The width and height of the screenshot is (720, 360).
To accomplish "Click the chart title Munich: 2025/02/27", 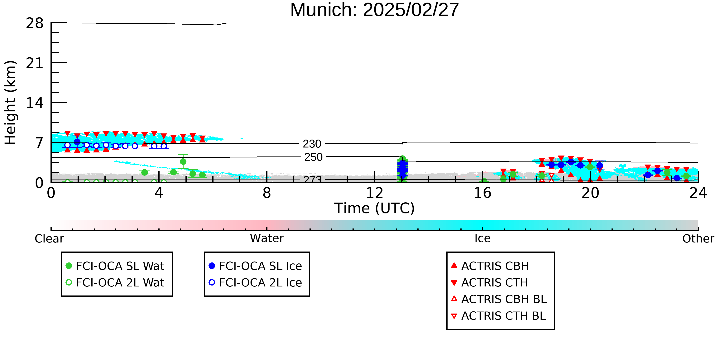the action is coord(375,10).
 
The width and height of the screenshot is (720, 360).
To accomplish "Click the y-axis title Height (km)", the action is coord(10,103).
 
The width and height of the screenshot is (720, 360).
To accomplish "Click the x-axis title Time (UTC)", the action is coord(375,208).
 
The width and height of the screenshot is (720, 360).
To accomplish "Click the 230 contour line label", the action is coord(312,144).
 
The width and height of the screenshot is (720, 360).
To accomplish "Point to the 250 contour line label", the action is coord(313,157).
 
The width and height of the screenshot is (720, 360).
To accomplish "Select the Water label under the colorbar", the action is coord(267,238).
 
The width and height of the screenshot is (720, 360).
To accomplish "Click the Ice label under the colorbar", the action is coord(482,238).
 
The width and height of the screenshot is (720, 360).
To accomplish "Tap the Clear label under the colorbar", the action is coord(49,239).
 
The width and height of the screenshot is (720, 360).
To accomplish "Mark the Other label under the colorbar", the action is coord(698,239).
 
